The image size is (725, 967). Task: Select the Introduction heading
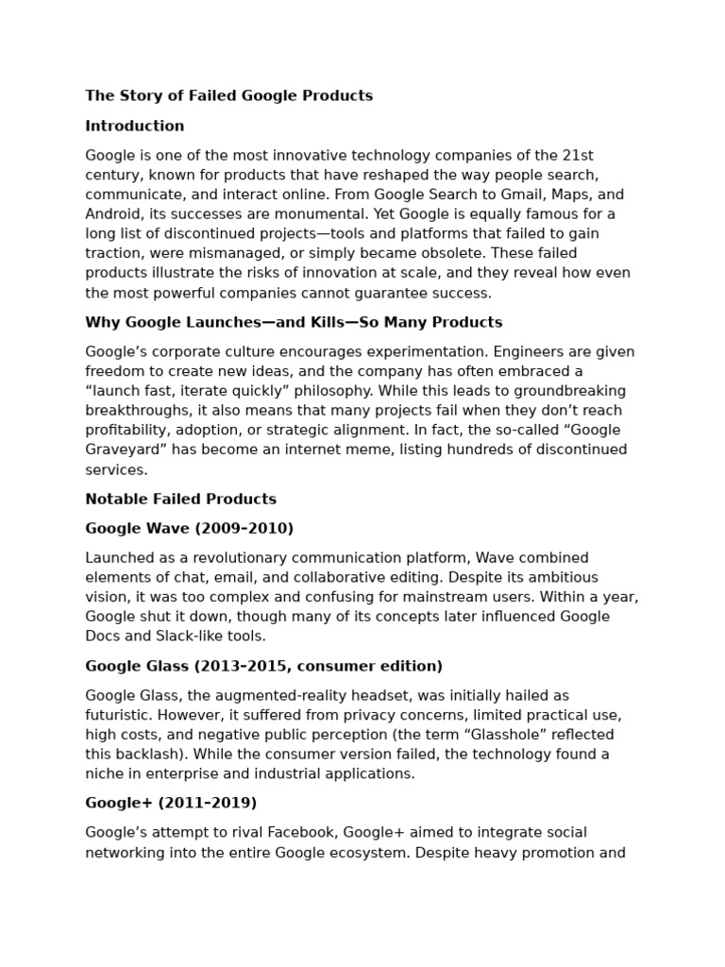pos(135,126)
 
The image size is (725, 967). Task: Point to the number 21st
pos(578,155)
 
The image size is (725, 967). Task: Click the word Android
pos(111,213)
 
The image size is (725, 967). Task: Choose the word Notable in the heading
pos(116,499)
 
